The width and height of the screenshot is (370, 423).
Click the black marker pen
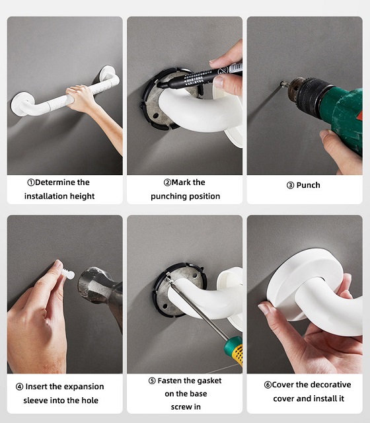200,77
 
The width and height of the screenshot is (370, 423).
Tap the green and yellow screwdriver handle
234,350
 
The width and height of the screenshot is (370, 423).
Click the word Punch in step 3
309,185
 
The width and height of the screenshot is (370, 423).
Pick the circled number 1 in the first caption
31,182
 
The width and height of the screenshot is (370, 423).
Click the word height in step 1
82,196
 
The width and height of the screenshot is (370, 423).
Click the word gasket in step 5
209,381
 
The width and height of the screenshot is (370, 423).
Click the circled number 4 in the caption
19,387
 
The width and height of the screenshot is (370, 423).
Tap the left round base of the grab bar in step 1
21,104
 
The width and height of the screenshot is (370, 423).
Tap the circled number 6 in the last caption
268,385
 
